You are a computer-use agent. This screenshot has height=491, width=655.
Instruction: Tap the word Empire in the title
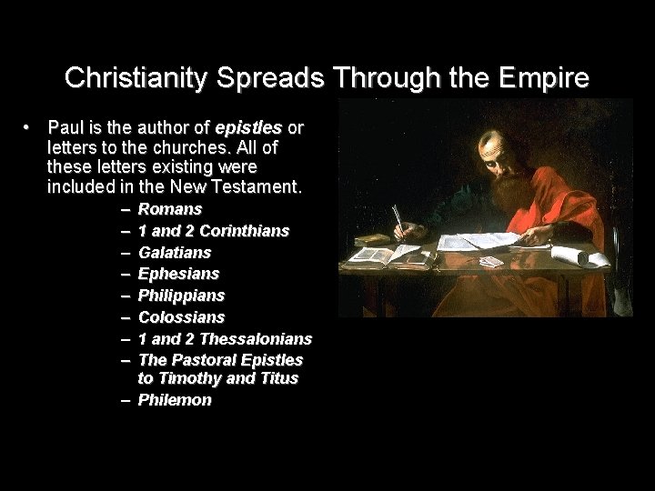[x=545, y=79]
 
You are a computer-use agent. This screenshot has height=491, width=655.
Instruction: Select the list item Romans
[x=170, y=209]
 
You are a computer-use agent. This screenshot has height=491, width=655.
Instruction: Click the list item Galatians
[x=175, y=252]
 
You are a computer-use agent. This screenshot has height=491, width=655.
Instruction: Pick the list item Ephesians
[x=178, y=274]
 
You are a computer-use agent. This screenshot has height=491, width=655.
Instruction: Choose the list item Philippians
[x=181, y=296]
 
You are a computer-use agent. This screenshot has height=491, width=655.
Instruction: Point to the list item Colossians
[x=181, y=317]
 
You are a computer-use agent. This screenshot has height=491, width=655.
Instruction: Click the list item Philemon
[x=175, y=399]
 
